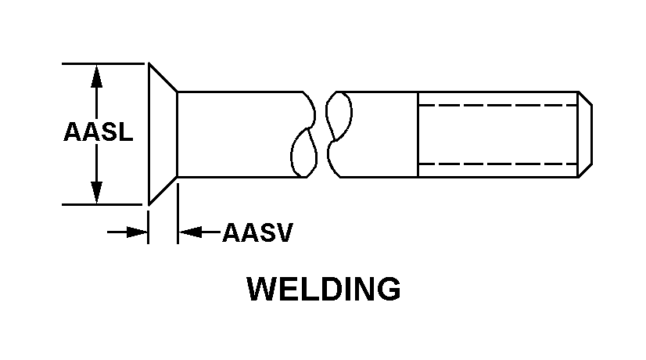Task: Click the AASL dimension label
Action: [x=98, y=133]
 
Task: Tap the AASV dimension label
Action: [x=257, y=232]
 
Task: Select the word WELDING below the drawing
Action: [x=323, y=290]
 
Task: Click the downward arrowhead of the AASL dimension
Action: [x=96, y=192]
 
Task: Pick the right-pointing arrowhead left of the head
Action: [x=138, y=232]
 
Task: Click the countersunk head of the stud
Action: [x=162, y=134]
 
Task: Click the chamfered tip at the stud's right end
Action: [x=584, y=134]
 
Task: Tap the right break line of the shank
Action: [x=335, y=133]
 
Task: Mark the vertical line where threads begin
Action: [x=419, y=134]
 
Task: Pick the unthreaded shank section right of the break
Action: [x=379, y=134]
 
